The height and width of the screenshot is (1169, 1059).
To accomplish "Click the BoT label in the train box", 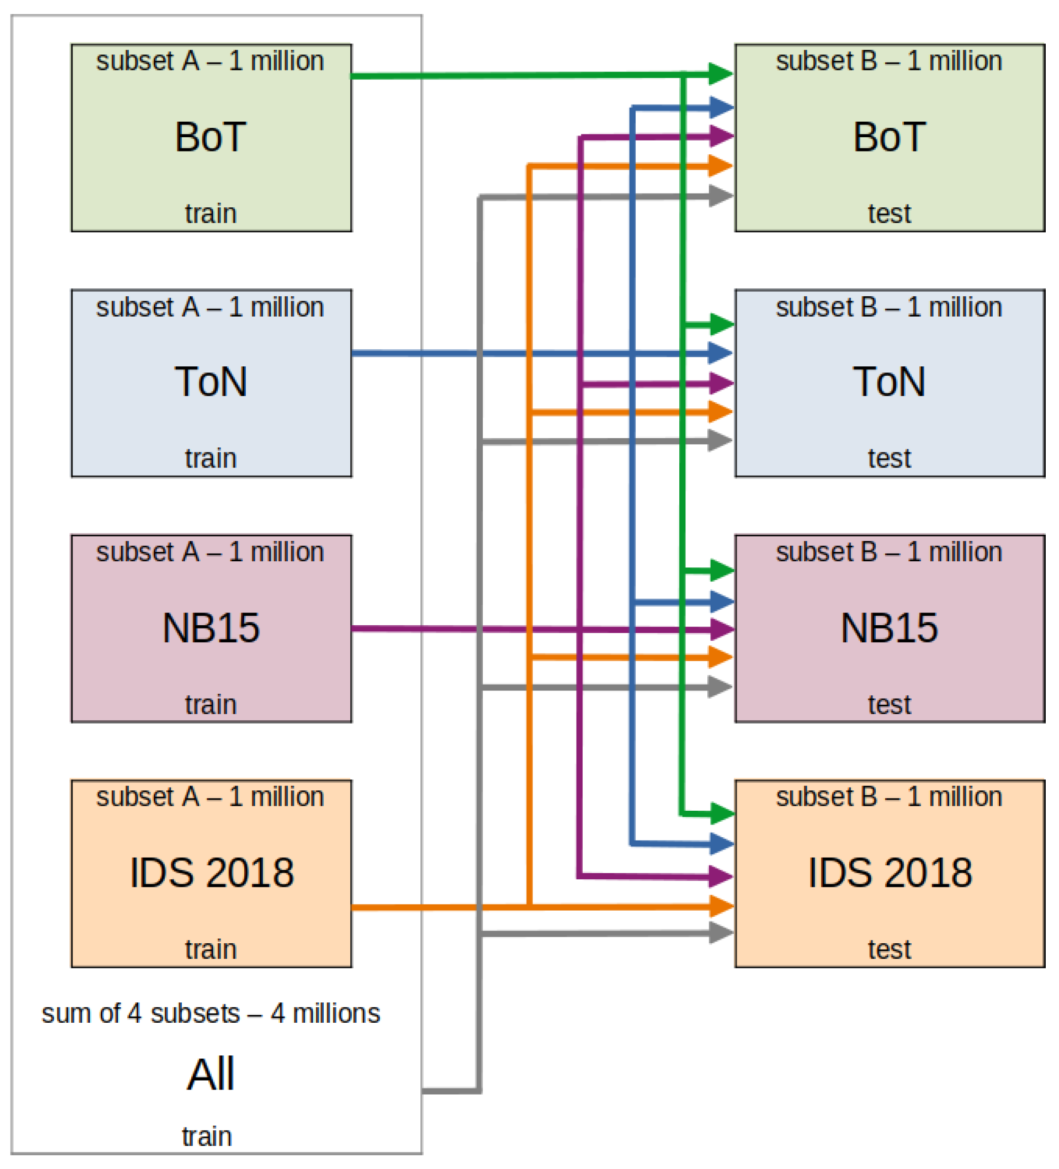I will click(211, 137).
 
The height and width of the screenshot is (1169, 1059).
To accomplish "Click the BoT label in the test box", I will click(889, 137).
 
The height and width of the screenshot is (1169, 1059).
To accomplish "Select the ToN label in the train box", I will click(211, 381).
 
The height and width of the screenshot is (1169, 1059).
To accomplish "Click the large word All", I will click(211, 1074).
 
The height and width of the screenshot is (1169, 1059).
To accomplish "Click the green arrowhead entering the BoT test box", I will click(721, 74).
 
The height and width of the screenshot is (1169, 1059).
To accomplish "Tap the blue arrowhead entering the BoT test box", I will click(721, 107).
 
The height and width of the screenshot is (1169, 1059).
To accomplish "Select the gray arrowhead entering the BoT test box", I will click(721, 196).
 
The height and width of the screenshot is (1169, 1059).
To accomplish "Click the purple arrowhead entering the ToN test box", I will click(721, 383).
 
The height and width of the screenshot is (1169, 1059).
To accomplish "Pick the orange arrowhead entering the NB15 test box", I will click(721, 657).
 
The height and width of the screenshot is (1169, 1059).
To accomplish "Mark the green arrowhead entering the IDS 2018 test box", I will click(721, 814).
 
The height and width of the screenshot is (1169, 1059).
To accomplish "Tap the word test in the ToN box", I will click(889, 458).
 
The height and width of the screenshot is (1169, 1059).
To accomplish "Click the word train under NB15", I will click(211, 705).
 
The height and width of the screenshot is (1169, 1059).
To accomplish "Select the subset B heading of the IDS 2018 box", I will click(889, 796).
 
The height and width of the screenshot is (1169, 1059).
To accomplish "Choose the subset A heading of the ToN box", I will click(210, 307).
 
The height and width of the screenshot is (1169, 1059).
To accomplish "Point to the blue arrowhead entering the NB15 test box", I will click(721, 602).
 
